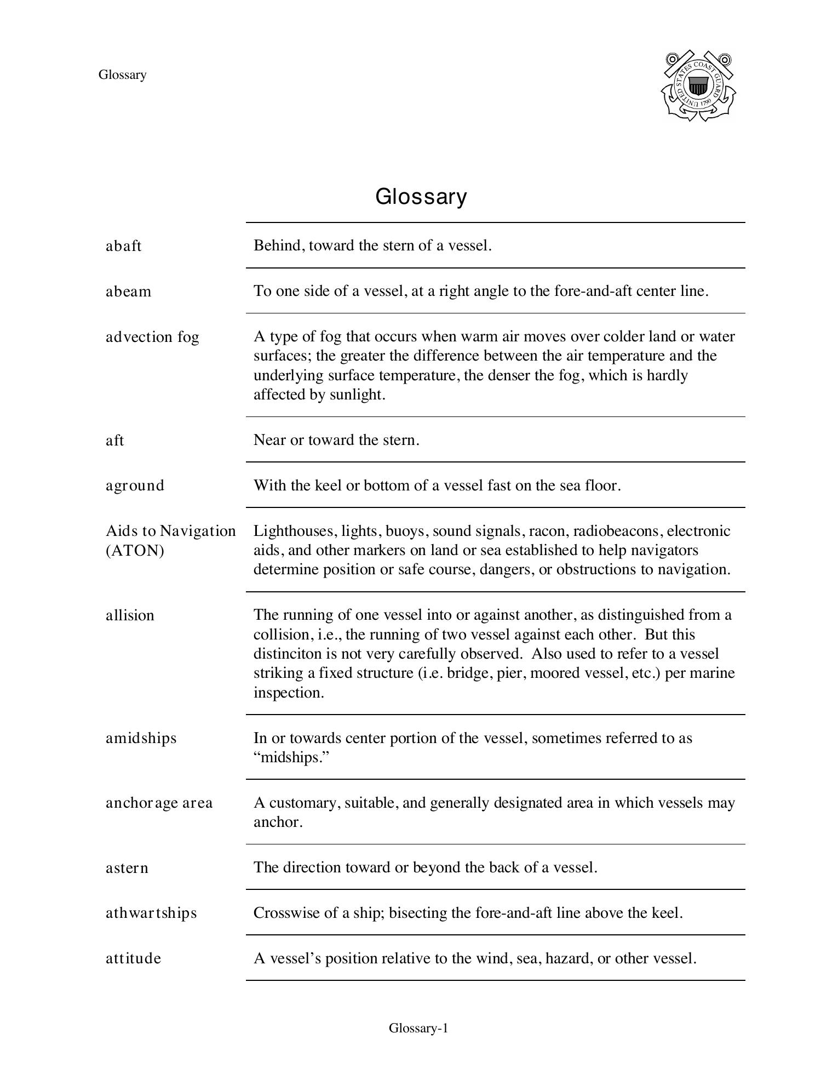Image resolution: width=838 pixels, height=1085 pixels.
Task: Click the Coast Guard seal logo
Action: point(698,86)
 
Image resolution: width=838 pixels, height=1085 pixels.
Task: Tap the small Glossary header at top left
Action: point(122,75)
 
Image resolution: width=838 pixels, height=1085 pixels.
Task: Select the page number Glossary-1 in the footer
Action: point(418,1028)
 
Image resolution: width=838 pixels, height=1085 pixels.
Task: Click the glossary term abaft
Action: point(123,246)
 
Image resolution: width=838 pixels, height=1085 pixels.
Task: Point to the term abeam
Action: point(128,292)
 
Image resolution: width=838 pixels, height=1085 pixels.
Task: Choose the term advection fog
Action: point(152,337)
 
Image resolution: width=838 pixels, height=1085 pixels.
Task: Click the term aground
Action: point(135,486)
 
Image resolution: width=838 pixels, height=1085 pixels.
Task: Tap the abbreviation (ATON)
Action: point(135,551)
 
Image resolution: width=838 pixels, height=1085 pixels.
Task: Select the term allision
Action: point(130,615)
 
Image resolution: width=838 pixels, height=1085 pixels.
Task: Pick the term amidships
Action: point(141,738)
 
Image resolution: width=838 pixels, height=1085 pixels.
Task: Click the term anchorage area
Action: point(159,803)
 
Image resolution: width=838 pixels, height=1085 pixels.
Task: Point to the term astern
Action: point(127,868)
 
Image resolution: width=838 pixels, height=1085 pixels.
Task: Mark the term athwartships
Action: point(151,913)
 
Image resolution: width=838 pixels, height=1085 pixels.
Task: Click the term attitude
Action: point(133,958)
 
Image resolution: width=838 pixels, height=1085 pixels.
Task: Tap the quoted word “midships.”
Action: point(291,758)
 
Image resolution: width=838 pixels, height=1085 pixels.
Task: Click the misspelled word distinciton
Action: point(290,654)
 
